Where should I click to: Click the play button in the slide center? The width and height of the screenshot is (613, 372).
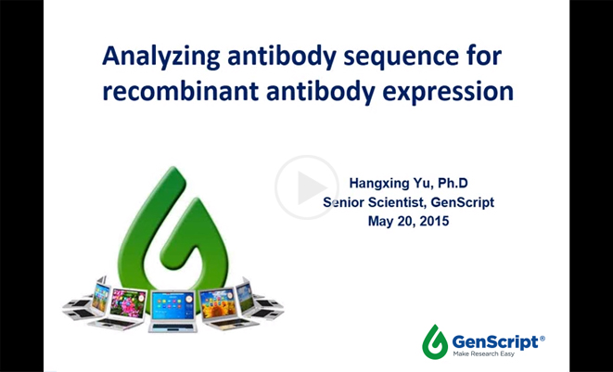(306, 187)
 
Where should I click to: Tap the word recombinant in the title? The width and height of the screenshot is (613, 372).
(181, 91)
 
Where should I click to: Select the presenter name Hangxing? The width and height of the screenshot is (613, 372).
(376, 184)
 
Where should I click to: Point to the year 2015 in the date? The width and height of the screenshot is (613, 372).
(434, 221)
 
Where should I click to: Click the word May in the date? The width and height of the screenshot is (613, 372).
(379, 222)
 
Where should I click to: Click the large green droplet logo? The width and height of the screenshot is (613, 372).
(172, 231)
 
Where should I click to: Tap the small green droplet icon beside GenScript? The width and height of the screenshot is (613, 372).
(435, 342)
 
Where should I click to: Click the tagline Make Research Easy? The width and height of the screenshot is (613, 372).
(483, 354)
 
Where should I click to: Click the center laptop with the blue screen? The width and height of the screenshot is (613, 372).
(172, 311)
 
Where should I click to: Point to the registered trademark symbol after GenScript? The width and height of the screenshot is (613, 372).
(542, 339)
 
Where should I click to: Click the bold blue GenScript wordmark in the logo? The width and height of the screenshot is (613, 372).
(495, 342)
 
